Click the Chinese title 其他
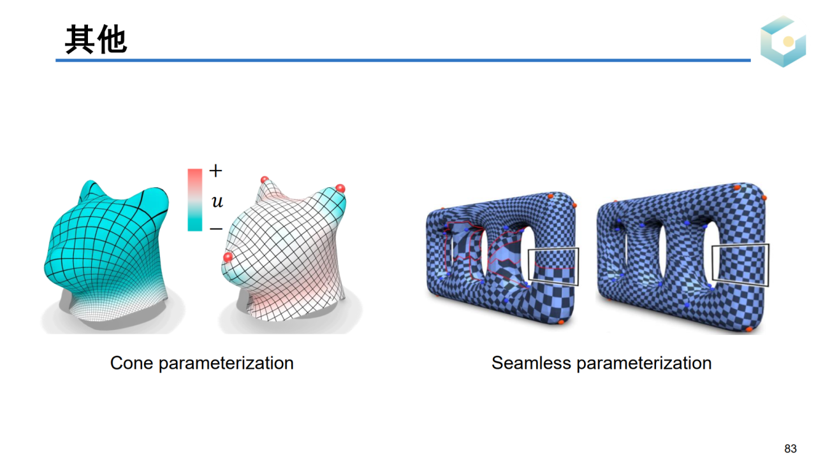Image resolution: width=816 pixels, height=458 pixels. tap(96, 39)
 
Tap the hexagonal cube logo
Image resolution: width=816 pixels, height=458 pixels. tap(783, 41)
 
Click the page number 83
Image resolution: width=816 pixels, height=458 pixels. tap(790, 448)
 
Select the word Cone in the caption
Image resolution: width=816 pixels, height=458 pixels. tap(131, 363)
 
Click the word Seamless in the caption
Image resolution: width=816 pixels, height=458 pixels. tap(531, 363)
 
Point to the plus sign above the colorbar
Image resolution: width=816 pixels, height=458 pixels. tap(215, 170)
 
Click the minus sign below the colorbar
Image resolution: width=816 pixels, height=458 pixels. tap(216, 229)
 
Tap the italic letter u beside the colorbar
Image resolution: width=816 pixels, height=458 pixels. tap(217, 201)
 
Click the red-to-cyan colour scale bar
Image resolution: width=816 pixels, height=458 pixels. tap(195, 199)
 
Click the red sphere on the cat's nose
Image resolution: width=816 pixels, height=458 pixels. tap(228, 257)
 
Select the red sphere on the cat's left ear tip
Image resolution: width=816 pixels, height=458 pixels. tap(265, 180)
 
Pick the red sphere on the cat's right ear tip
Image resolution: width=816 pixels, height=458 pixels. tap(340, 189)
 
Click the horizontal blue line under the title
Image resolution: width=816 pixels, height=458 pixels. tap(403, 60)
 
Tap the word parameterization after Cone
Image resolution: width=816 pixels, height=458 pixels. tap(226, 364)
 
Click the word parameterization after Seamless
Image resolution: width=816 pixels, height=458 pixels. tap(644, 364)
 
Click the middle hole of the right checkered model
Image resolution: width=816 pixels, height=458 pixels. tap(662, 253)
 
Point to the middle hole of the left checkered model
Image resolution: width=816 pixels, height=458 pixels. tap(485, 254)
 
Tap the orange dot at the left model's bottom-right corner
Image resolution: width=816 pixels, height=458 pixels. tap(561, 322)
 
